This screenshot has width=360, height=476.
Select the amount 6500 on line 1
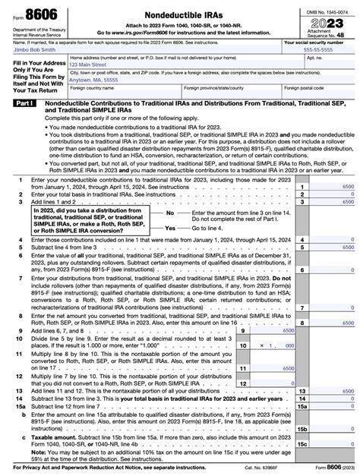point(348,186)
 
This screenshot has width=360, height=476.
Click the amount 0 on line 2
point(352,194)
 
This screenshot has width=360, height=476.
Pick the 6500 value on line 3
point(348,203)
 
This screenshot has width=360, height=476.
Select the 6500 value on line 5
point(348,247)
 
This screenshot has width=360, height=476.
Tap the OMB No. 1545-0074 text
point(327,6)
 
